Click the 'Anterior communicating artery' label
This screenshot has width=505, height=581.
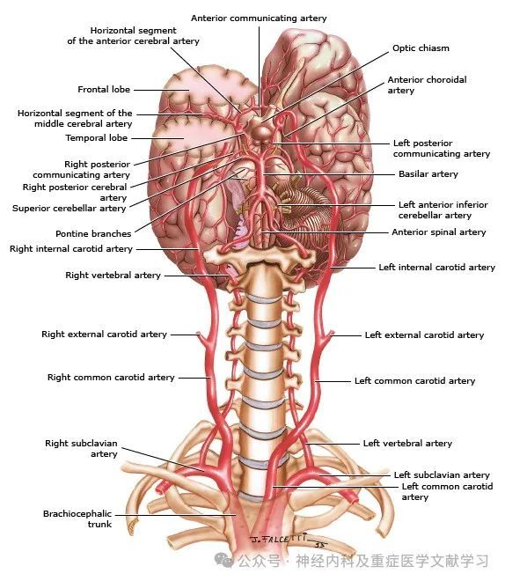click(x=259, y=18)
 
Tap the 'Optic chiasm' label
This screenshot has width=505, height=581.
click(x=421, y=48)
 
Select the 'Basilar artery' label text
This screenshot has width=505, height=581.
click(x=428, y=174)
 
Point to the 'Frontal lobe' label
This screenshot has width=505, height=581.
click(x=104, y=90)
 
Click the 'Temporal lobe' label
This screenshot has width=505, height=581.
click(x=96, y=138)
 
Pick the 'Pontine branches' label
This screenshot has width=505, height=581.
click(x=93, y=234)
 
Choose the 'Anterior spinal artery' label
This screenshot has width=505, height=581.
click(x=439, y=232)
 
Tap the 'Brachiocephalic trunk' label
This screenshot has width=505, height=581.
click(x=77, y=518)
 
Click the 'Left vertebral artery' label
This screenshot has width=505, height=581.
click(x=407, y=443)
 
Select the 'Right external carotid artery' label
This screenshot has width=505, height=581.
click(x=104, y=335)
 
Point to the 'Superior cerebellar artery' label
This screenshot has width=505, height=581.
click(x=70, y=209)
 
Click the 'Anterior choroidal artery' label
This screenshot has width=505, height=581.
click(x=427, y=85)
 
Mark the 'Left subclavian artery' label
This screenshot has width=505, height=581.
click(x=442, y=475)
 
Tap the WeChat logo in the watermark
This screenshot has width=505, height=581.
click(x=223, y=560)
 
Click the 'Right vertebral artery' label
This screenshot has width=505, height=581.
click(x=113, y=276)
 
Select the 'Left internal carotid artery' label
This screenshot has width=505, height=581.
click(x=437, y=268)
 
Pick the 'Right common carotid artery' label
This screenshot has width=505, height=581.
click(x=111, y=378)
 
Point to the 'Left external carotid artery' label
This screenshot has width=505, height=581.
click(x=424, y=335)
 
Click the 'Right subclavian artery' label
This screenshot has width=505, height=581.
click(x=81, y=448)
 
